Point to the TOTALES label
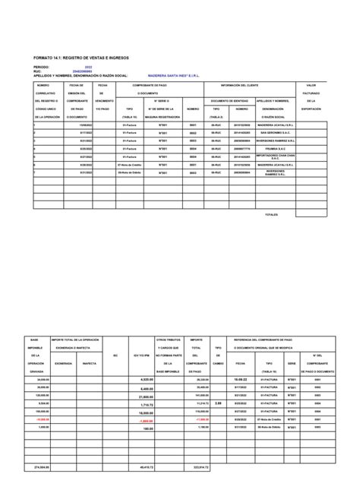(x=271, y=215)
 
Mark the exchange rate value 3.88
(x=219, y=381)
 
